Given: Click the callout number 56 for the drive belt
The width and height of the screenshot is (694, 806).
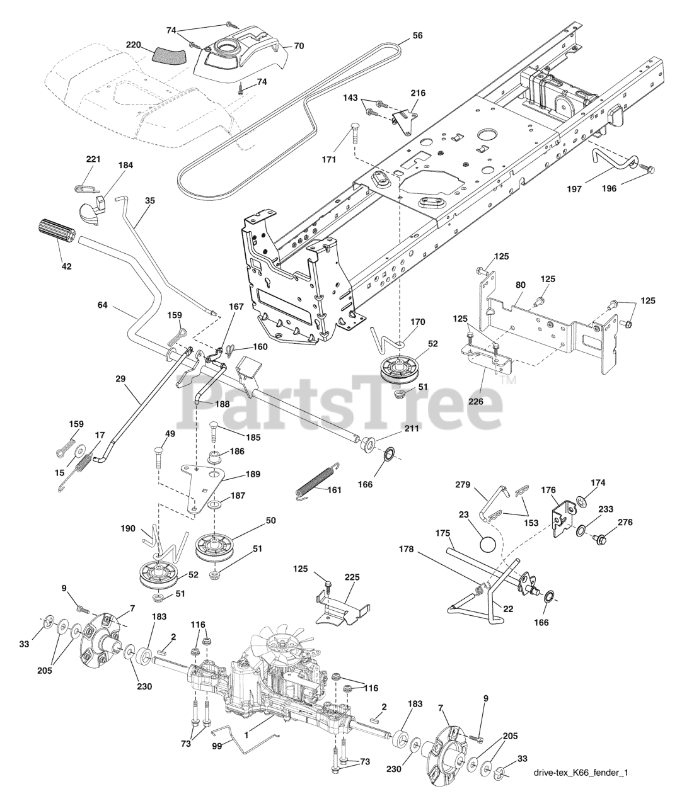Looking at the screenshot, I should tap(417, 36).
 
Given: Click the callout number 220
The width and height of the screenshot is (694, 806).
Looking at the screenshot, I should tap(134, 45).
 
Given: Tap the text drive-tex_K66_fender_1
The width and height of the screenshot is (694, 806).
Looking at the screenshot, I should tap(581, 773).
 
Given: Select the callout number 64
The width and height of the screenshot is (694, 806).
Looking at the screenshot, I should tap(103, 305).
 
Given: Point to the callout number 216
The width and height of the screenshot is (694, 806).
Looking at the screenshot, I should tap(418, 93).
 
